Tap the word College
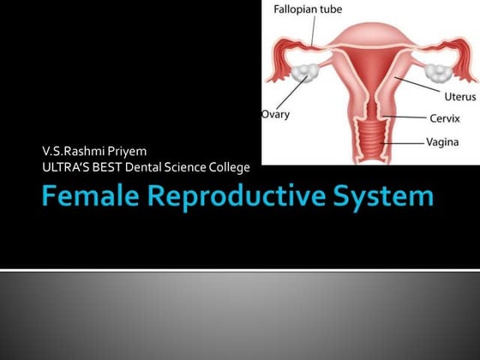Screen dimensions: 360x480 pyautogui.click(x=230, y=166)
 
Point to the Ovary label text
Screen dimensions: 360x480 pyautogui.click(x=275, y=113)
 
